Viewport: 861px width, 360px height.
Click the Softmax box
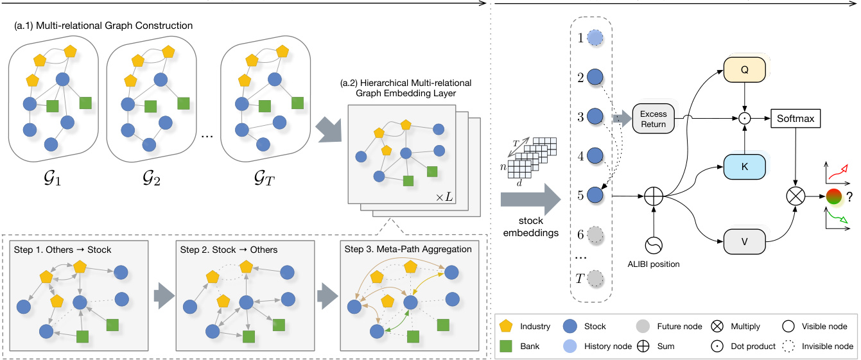click(x=796, y=119)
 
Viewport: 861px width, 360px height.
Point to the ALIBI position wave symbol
click(x=653, y=246)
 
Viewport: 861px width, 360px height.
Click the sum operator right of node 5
click(x=653, y=196)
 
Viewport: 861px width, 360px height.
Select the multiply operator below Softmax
click(x=796, y=196)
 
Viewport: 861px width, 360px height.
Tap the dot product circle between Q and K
click(x=745, y=119)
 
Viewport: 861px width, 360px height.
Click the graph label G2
click(x=152, y=176)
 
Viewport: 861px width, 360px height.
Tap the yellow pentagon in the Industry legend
click(x=507, y=327)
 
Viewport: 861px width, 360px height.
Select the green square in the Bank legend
click(x=507, y=347)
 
